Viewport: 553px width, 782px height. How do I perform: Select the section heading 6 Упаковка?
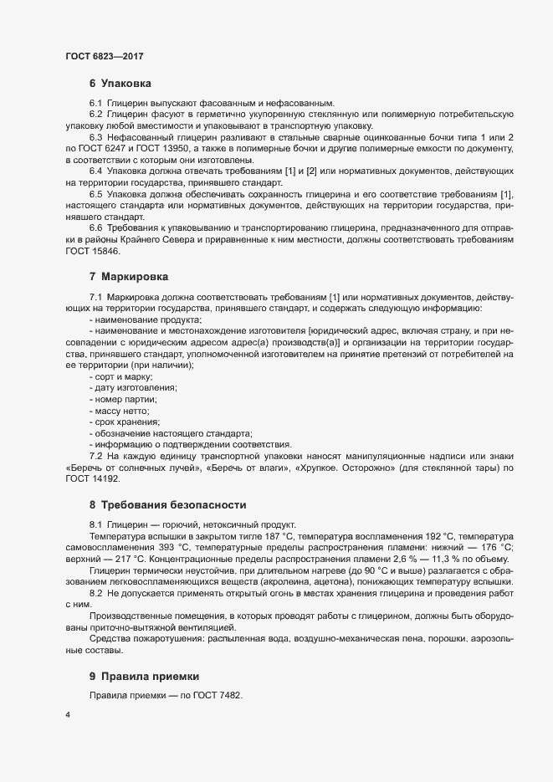pos(120,84)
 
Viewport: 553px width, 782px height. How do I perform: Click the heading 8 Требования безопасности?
pos(167,504)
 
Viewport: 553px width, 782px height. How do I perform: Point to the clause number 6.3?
pos(95,136)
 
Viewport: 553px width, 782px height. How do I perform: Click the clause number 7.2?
pos(95,455)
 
